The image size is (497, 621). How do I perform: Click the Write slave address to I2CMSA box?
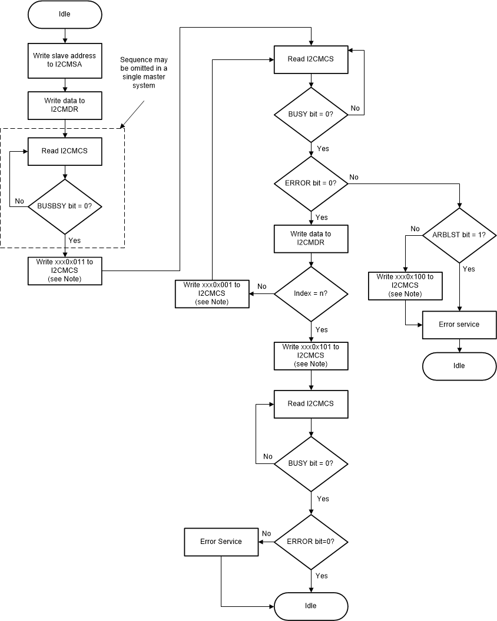(65, 59)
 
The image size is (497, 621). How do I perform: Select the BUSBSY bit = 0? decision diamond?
(65, 206)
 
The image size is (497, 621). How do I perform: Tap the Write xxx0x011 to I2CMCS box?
(65, 271)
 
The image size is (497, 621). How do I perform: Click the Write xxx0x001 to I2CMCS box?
(211, 293)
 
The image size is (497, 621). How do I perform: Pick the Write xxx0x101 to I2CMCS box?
(312, 355)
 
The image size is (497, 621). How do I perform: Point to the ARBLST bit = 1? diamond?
(459, 235)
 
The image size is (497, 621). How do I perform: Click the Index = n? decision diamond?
(312, 293)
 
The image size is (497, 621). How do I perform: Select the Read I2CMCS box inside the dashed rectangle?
(65, 151)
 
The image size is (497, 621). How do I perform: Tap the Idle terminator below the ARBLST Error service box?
(459, 365)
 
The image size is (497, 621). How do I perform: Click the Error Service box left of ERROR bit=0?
(221, 541)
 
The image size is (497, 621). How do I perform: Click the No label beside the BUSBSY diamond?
(19, 201)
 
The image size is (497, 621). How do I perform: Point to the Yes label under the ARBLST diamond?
(469, 269)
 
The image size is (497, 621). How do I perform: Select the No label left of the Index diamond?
(262, 286)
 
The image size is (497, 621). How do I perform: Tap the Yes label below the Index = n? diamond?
(322, 329)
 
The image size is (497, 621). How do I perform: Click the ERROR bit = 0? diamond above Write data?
(312, 183)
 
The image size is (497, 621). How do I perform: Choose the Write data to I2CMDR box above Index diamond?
(312, 238)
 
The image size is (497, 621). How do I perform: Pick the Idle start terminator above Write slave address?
(65, 14)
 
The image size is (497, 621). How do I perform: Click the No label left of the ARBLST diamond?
(415, 229)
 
